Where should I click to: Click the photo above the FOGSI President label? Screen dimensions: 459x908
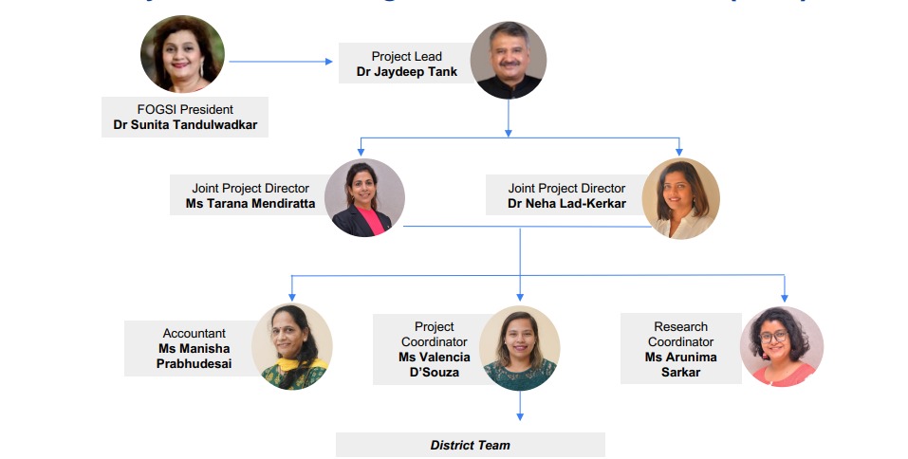point(182,54)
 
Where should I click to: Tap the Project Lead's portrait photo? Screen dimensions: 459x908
point(509,61)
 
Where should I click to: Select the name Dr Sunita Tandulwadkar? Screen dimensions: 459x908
point(184,125)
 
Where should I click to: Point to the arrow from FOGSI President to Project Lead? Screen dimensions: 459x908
point(281,62)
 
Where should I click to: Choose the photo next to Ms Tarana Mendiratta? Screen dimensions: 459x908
point(364,197)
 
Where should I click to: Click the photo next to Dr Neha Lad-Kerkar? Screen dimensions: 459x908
point(680,198)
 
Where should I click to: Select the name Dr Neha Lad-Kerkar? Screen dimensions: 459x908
point(566,204)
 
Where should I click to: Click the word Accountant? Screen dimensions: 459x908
point(194,333)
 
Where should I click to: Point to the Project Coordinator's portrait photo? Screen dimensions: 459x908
point(519,348)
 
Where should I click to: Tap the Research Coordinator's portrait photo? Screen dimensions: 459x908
point(781,346)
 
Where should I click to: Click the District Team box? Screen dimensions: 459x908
point(470,445)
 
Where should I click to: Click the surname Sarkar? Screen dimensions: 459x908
point(680,373)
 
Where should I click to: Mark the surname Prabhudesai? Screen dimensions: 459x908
point(194,364)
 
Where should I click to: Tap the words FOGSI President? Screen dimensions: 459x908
point(185,110)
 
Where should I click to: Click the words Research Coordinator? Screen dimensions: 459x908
point(680,334)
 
